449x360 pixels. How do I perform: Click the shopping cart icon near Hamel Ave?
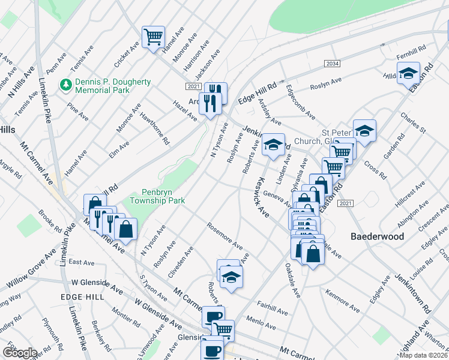click(153, 37)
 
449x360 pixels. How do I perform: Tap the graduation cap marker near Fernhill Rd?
click(408, 73)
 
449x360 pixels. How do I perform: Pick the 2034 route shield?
click(332, 64)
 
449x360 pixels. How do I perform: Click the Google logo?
click(19, 353)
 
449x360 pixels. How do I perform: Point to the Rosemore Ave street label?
click(224, 237)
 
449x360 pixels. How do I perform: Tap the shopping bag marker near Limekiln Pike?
click(126, 229)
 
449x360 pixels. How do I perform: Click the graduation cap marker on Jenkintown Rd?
click(273, 145)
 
